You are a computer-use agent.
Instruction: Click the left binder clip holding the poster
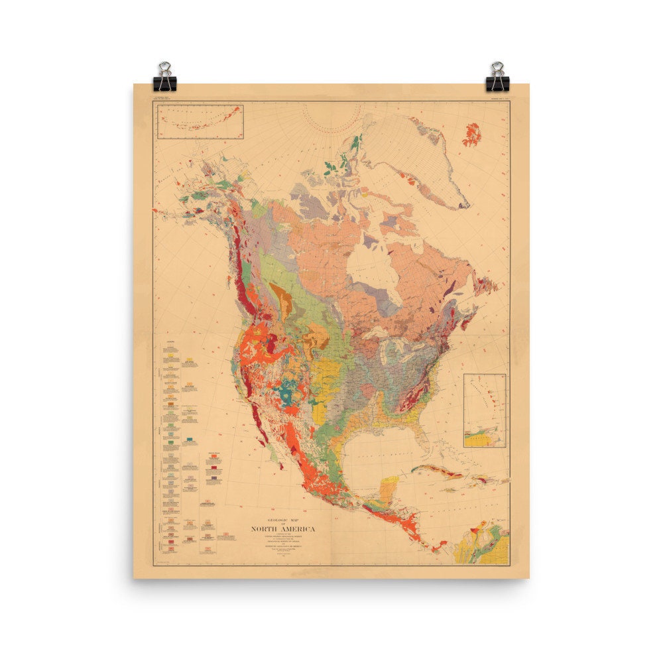pyautogui.click(x=164, y=78)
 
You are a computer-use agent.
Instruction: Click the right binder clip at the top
pyautogui.click(x=497, y=78)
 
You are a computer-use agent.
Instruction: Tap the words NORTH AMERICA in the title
pyautogui.click(x=283, y=528)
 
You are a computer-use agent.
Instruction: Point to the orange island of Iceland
pyautogui.click(x=472, y=134)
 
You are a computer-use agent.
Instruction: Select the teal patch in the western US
pyautogui.click(x=289, y=391)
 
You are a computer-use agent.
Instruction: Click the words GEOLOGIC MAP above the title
pyautogui.click(x=282, y=520)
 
